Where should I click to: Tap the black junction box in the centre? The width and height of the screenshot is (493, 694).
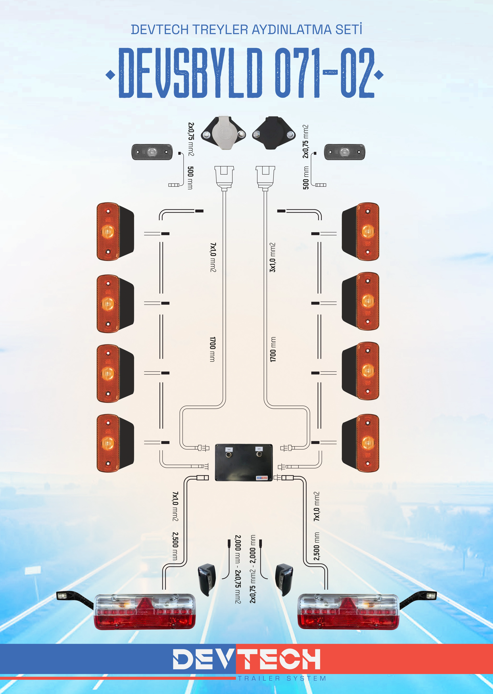(x=244, y=462)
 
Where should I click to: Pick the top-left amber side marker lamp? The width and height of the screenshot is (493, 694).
(x=115, y=232)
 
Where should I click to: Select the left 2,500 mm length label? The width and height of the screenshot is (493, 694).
(x=175, y=546)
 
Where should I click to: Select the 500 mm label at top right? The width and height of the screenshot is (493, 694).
(x=306, y=178)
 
